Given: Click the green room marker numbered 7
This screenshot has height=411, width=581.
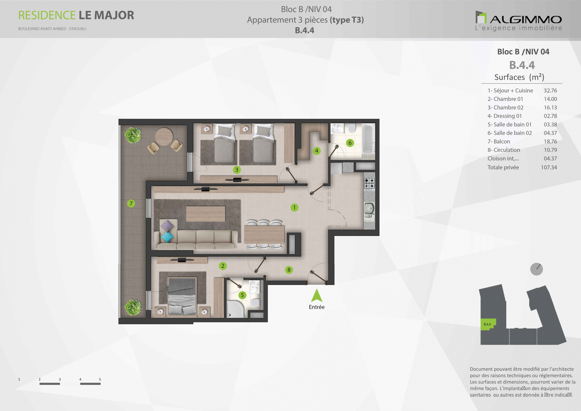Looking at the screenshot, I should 131,203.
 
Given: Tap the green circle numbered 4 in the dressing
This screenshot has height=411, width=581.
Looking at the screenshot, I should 317,151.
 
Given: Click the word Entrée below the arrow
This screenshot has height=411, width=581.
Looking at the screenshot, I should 317,307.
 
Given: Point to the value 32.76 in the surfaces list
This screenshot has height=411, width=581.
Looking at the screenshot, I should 550,91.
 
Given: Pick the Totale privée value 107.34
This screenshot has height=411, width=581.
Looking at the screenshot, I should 549,167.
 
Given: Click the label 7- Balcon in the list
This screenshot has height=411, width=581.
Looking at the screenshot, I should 499,141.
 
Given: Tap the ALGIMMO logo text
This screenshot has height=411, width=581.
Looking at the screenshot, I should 526,20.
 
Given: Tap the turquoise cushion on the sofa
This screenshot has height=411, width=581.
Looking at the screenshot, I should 167,237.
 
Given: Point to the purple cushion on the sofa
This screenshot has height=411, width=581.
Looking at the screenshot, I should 167,226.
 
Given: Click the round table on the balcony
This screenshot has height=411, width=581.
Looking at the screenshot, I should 164,136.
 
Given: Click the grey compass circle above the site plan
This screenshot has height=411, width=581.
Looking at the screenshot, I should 537,269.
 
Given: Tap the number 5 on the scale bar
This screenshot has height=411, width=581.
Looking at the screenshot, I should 100,379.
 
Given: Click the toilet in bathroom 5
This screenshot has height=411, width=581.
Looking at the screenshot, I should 255,302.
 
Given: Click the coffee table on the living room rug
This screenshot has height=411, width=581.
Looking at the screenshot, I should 205,214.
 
